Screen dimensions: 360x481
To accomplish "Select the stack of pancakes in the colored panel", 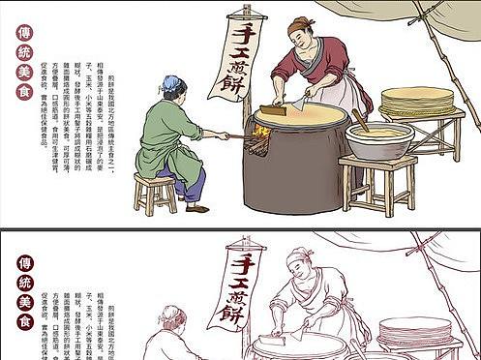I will (417, 101).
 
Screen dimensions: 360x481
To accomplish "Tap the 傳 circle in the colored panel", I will (24, 32).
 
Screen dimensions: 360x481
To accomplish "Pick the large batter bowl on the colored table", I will (380, 140).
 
